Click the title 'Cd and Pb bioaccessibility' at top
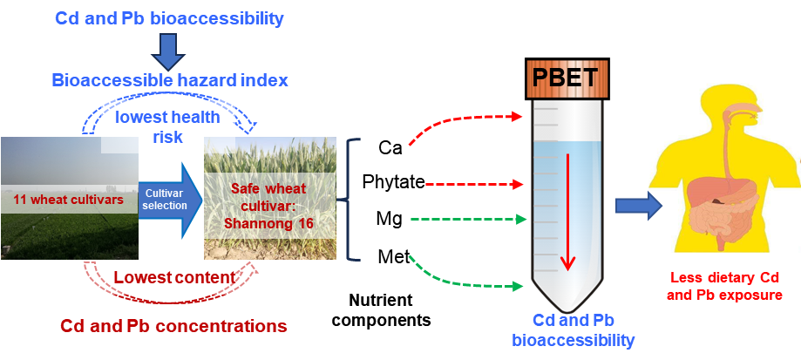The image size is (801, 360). point(169,17)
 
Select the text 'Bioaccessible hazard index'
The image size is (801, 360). point(170,81)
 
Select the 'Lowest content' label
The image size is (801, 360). point(174,277)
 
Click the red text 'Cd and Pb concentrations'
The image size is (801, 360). point(173,327)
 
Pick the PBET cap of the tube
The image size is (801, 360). point(566,79)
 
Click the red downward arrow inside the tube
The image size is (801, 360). point(568,210)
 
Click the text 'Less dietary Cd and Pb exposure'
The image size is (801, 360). point(723,286)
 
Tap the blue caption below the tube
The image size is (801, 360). point(572,330)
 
